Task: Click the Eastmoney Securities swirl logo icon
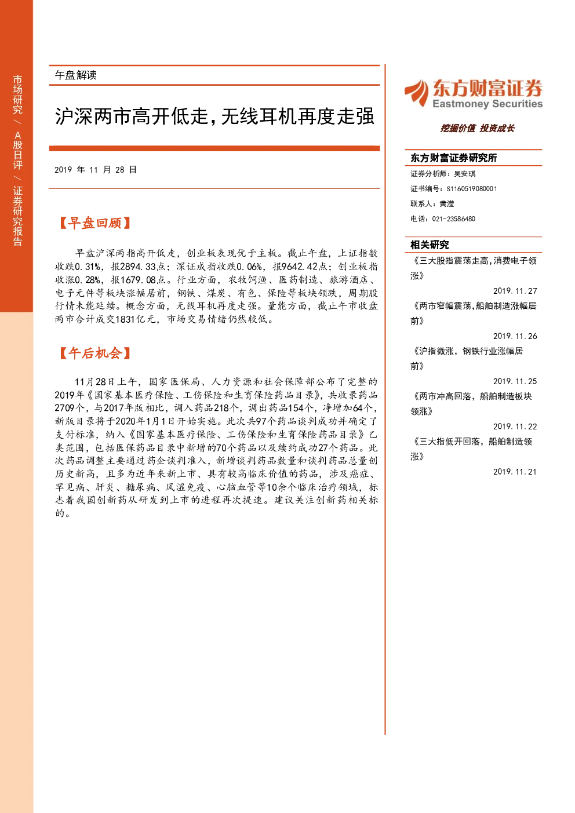[417, 93]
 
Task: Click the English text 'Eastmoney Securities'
[487, 104]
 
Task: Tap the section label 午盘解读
[75, 75]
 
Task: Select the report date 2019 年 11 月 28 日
[96, 170]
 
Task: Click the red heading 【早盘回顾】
[94, 223]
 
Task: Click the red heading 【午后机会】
[94, 353]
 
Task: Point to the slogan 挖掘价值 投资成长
[478, 128]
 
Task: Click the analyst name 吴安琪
[465, 174]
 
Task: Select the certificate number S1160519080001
[472, 189]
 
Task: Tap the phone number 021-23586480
[453, 219]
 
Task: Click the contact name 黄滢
[446, 204]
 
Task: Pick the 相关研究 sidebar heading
[430, 245]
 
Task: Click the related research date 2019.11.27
[515, 291]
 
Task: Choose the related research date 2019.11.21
[515, 472]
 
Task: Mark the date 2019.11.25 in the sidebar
[515, 381]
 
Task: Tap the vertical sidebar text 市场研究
[17, 94]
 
